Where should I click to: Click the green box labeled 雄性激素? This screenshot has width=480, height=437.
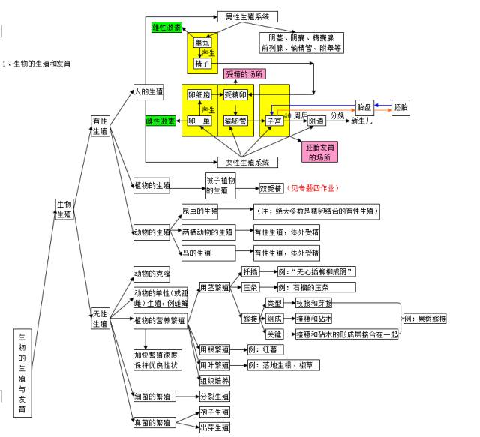click(x=166, y=27)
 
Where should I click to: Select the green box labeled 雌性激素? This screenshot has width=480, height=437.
click(x=160, y=121)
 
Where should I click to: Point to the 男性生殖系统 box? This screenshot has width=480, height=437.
click(x=247, y=16)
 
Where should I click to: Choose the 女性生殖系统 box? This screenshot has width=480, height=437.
click(x=247, y=162)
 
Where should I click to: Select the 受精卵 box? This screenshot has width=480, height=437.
click(x=235, y=95)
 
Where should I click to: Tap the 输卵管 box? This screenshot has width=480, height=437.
click(x=236, y=121)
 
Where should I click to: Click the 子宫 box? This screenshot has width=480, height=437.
click(x=274, y=121)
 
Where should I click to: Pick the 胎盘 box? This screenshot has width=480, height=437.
click(x=364, y=107)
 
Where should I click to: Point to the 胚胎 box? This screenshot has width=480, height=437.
click(x=401, y=107)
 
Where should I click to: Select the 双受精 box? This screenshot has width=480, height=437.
click(x=270, y=188)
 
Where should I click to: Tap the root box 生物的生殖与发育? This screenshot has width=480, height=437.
click(x=22, y=373)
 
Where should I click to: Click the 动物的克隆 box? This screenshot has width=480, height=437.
click(x=152, y=274)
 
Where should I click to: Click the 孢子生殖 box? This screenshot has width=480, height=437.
click(x=214, y=412)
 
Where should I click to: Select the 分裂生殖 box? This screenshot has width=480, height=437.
click(x=214, y=396)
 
